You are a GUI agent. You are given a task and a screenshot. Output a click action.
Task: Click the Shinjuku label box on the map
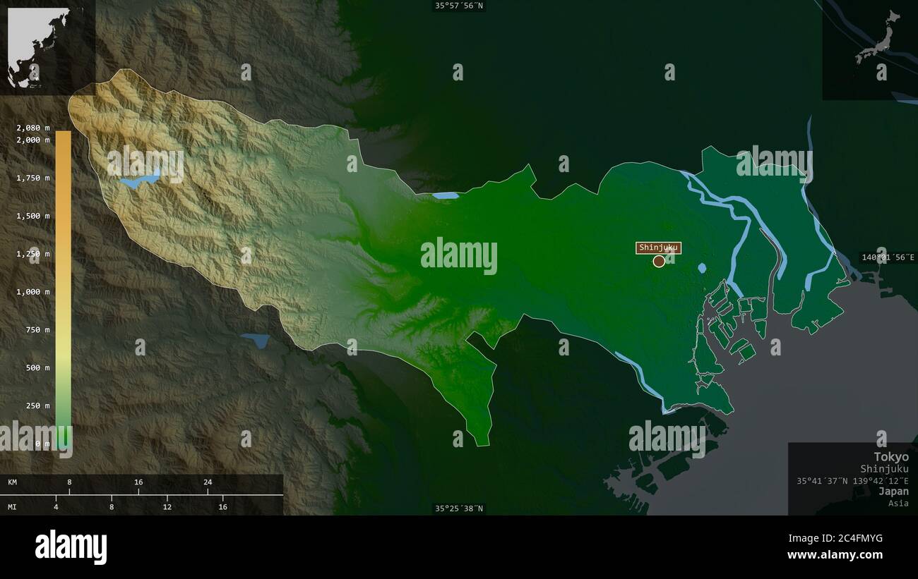659,248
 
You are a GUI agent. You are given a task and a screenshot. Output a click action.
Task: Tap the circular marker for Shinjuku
659,262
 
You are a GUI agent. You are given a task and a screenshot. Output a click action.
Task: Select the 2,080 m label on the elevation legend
33,128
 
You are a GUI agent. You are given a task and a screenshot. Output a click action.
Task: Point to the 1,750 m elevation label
33,178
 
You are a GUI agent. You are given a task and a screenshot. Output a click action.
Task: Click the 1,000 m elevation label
33,292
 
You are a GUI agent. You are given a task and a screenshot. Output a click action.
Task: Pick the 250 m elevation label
37,406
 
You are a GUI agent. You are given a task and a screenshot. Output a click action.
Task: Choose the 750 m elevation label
37,330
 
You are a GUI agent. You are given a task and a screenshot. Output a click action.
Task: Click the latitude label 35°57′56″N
460,6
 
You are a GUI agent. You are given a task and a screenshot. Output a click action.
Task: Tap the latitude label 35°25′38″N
460,508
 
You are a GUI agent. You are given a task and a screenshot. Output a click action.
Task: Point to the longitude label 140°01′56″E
888,257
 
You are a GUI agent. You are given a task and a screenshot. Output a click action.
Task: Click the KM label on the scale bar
13,482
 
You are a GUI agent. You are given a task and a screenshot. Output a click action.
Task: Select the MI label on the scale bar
13,507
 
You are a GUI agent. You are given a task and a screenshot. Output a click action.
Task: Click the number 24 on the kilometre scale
208,482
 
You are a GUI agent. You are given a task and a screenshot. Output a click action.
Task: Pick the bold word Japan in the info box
894,492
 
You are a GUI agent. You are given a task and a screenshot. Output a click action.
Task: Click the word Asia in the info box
899,504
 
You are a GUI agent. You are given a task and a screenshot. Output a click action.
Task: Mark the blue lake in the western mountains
139,180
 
